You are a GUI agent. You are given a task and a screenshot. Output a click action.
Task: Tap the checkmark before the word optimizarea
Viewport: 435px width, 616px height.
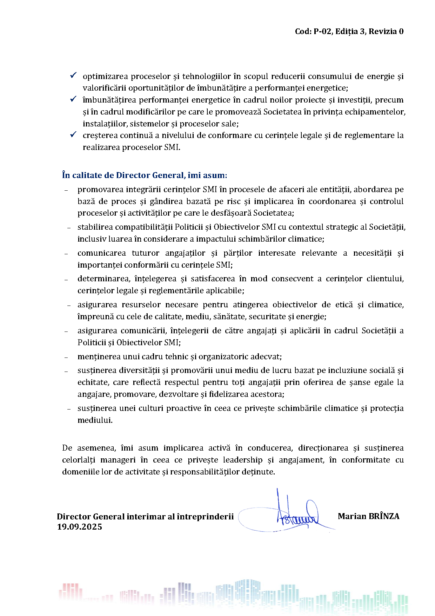coord(73,76)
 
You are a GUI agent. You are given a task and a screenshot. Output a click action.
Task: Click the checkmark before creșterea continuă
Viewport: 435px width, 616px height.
coord(73,135)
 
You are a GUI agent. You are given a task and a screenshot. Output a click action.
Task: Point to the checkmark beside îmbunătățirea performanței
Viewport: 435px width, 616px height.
coord(73,99)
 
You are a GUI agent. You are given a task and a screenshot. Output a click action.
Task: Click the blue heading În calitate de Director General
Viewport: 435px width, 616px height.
coord(145,175)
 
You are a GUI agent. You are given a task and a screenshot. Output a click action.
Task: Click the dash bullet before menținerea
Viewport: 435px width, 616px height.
coord(66,357)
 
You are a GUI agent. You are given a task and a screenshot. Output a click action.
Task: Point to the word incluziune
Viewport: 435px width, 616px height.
coord(342,370)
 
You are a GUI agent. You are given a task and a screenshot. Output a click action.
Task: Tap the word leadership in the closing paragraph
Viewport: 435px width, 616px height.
coord(243,460)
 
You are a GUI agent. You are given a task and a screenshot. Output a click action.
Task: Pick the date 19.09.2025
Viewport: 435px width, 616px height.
coord(80,527)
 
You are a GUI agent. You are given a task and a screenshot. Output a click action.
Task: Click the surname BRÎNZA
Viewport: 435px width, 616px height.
coord(383,516)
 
